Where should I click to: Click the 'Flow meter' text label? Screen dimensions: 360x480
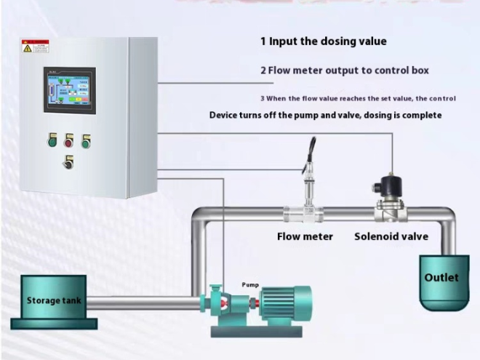(x=305, y=236)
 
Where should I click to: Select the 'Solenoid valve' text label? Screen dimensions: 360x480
(x=391, y=236)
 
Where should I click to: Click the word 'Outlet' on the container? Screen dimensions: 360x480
(x=441, y=278)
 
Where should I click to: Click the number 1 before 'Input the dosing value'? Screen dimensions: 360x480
(x=264, y=41)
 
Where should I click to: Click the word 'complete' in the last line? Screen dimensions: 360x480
(x=419, y=115)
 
